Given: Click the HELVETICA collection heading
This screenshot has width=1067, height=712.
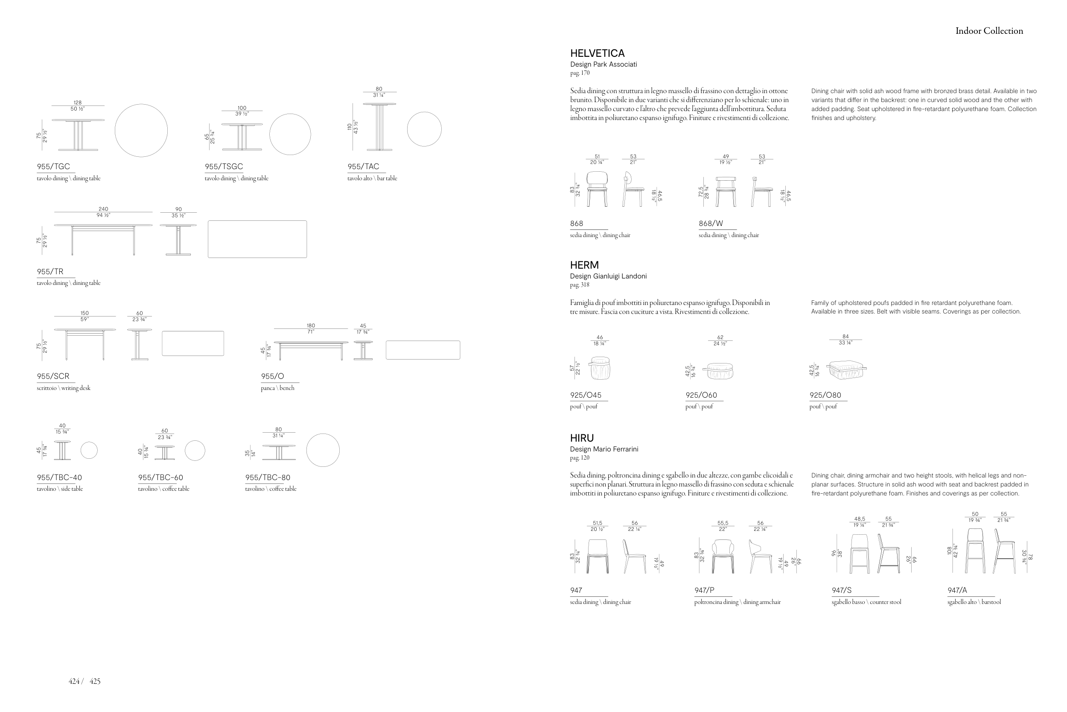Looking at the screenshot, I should [x=597, y=53].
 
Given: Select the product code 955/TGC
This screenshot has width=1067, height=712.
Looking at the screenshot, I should [x=53, y=167].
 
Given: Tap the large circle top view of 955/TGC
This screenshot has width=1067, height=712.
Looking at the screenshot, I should [x=141, y=130].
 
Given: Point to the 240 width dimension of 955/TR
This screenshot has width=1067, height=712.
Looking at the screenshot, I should [x=103, y=209].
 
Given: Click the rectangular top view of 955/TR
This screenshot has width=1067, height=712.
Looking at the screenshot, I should [x=257, y=239].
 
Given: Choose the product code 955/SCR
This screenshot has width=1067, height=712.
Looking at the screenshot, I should [x=53, y=376].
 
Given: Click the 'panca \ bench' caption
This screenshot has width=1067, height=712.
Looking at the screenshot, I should [x=278, y=388].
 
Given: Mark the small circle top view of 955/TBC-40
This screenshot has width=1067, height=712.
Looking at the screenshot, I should [x=89, y=451].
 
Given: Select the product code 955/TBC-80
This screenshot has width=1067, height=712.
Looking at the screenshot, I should [x=268, y=478].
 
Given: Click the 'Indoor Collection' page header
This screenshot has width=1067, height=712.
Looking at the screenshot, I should [x=989, y=31].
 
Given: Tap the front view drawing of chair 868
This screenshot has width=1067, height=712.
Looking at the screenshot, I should [x=597, y=189].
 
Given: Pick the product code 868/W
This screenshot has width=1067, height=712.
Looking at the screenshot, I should [x=711, y=224].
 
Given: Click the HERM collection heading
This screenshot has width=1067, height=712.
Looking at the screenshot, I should [x=584, y=265].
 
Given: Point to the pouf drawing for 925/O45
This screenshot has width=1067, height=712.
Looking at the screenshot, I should [x=600, y=368].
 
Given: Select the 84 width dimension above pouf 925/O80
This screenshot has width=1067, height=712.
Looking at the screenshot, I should [x=845, y=337].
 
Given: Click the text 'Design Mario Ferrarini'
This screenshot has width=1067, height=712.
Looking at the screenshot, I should [x=604, y=449].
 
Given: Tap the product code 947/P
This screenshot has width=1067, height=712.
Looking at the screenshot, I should [x=704, y=591].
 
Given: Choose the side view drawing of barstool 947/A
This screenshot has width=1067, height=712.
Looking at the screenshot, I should [x=1004, y=551].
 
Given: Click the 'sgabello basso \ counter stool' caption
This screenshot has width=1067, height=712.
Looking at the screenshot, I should [x=866, y=603].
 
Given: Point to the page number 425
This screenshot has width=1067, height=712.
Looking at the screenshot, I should [x=95, y=681].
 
